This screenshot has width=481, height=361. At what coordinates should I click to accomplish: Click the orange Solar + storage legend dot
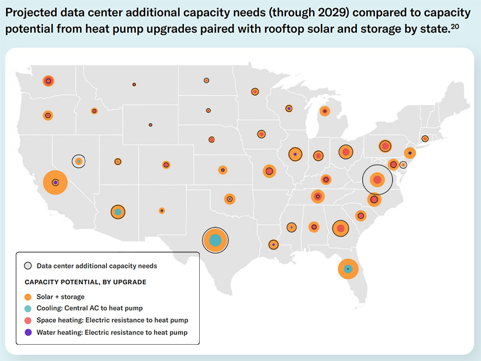coord(28,296)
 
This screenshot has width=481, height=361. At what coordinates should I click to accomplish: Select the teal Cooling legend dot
coord(28,308)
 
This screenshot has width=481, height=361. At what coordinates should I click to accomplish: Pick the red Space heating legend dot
coord(28,320)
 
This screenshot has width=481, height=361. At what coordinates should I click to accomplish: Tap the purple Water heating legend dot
coord(28,332)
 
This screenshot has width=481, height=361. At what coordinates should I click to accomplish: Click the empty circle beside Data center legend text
coord(28,266)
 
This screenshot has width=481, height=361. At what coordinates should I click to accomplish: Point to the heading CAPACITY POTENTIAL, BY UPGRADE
coord(85,282)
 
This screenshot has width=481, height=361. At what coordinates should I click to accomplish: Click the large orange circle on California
coord(55,182)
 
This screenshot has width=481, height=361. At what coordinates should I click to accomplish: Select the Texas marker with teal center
coord(215,240)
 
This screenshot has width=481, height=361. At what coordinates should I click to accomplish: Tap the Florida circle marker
coord(348,269)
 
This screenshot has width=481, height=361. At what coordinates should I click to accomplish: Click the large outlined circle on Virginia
coord(377,180)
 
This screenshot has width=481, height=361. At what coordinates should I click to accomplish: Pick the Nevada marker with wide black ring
coord(79,161)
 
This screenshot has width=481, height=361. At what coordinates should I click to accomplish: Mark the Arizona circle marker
coord(118,212)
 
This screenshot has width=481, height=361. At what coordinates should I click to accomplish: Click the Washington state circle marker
coord(48,81)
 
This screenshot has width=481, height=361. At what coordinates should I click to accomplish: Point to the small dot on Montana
coord(134,84)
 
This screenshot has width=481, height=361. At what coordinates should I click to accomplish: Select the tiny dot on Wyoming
coord(150,125)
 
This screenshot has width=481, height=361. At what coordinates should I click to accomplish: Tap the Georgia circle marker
coord(340,228)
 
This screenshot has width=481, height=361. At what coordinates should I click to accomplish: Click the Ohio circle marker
coord(345,152)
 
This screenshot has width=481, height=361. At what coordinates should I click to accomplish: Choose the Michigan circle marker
coord(325,111)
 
